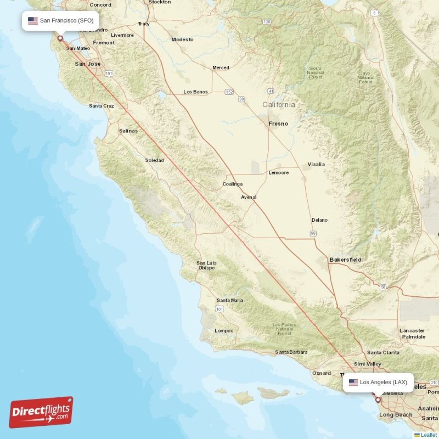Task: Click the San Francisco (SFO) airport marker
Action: point(60,38)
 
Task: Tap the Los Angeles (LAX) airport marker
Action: point(378,400)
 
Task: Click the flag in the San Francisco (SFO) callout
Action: point(33,20)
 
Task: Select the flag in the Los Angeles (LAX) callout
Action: point(353,382)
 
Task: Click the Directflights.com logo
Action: point(41,412)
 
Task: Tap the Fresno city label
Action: point(278,123)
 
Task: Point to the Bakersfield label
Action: point(345,259)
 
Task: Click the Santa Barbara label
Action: point(291,352)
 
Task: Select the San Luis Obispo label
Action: point(206,266)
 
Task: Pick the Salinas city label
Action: point(128,131)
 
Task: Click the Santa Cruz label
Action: point(102,105)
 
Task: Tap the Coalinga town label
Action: point(233,184)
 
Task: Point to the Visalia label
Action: point(316,164)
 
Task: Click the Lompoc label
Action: point(224,330)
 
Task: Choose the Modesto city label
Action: point(182,40)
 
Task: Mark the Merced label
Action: point(221,67)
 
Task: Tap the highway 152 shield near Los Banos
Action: point(229,92)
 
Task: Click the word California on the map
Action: point(278,104)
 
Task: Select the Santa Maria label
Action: point(230,300)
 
